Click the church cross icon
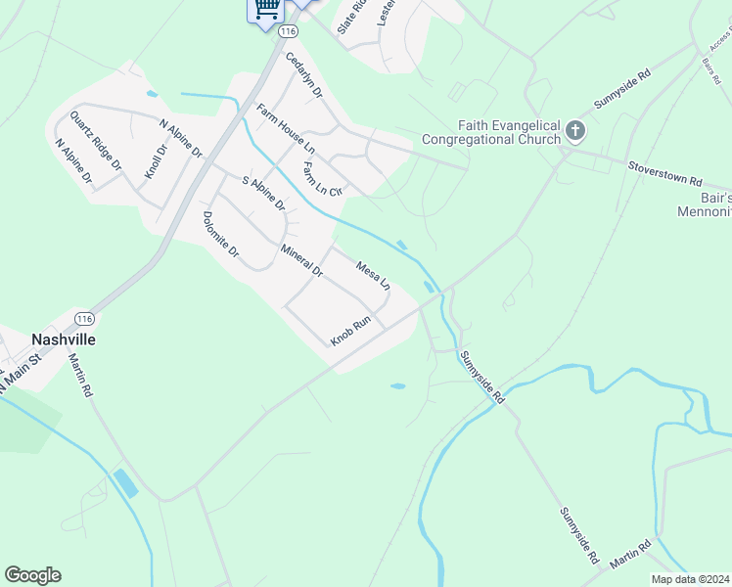(x=575, y=130)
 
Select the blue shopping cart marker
(x=265, y=9)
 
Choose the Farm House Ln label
(x=286, y=128)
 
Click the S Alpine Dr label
(x=263, y=193)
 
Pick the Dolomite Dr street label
(x=221, y=235)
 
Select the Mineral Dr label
(x=301, y=259)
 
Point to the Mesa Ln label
(x=373, y=276)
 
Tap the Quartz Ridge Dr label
(x=94, y=143)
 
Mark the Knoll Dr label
(x=157, y=160)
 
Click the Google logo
(x=32, y=575)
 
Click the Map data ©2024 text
(x=690, y=579)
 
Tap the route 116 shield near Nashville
(x=85, y=319)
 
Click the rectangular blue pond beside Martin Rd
(x=125, y=483)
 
